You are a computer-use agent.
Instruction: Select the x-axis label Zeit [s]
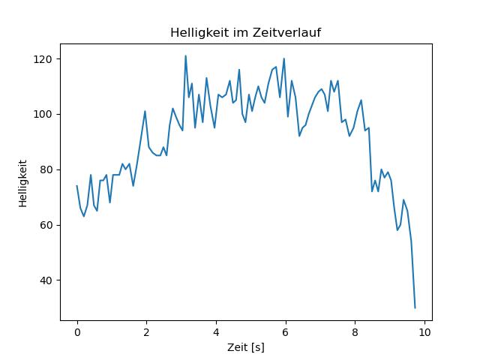pos(246,348)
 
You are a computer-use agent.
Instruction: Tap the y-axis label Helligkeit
pos(23,183)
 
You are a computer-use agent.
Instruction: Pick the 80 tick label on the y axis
pos(46,170)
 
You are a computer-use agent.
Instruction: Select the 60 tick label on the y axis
pos(46,225)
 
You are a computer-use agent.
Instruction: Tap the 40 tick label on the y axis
pos(46,280)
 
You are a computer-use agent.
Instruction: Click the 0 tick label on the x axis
pos(76,332)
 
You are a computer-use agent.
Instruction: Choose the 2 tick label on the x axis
pos(146,332)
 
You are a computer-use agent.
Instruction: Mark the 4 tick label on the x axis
pos(216,332)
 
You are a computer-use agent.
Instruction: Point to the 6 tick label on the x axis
pos(286,332)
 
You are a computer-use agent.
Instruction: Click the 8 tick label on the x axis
pos(355,332)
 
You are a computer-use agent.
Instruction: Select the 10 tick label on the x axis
pos(424,332)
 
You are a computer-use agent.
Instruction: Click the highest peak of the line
pos(185,56)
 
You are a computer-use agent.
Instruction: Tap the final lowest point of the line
pos(415,307)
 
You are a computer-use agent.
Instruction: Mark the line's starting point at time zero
pos(76,186)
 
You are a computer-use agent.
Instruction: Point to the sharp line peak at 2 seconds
pos(145,112)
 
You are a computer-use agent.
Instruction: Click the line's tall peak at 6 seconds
pos(284,58)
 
